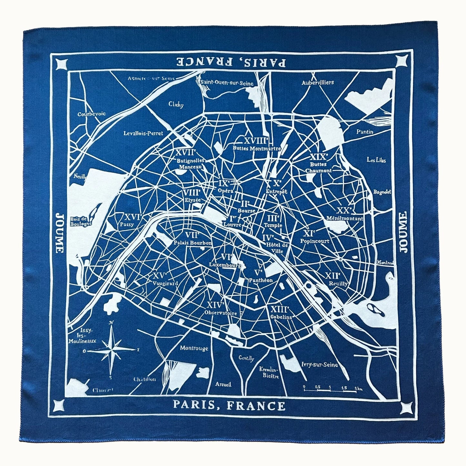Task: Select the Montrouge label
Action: (x=194, y=348)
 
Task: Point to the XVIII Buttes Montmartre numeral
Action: (x=256, y=141)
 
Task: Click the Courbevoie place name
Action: (x=92, y=114)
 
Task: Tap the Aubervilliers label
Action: (x=318, y=83)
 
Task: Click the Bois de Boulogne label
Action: (x=81, y=221)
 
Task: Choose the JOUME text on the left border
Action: (x=59, y=233)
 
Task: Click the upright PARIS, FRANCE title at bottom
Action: (x=229, y=405)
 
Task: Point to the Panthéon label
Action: (x=261, y=280)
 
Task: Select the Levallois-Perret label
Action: (x=143, y=133)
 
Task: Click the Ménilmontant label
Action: (x=344, y=218)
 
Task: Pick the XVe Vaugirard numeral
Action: (x=159, y=276)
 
